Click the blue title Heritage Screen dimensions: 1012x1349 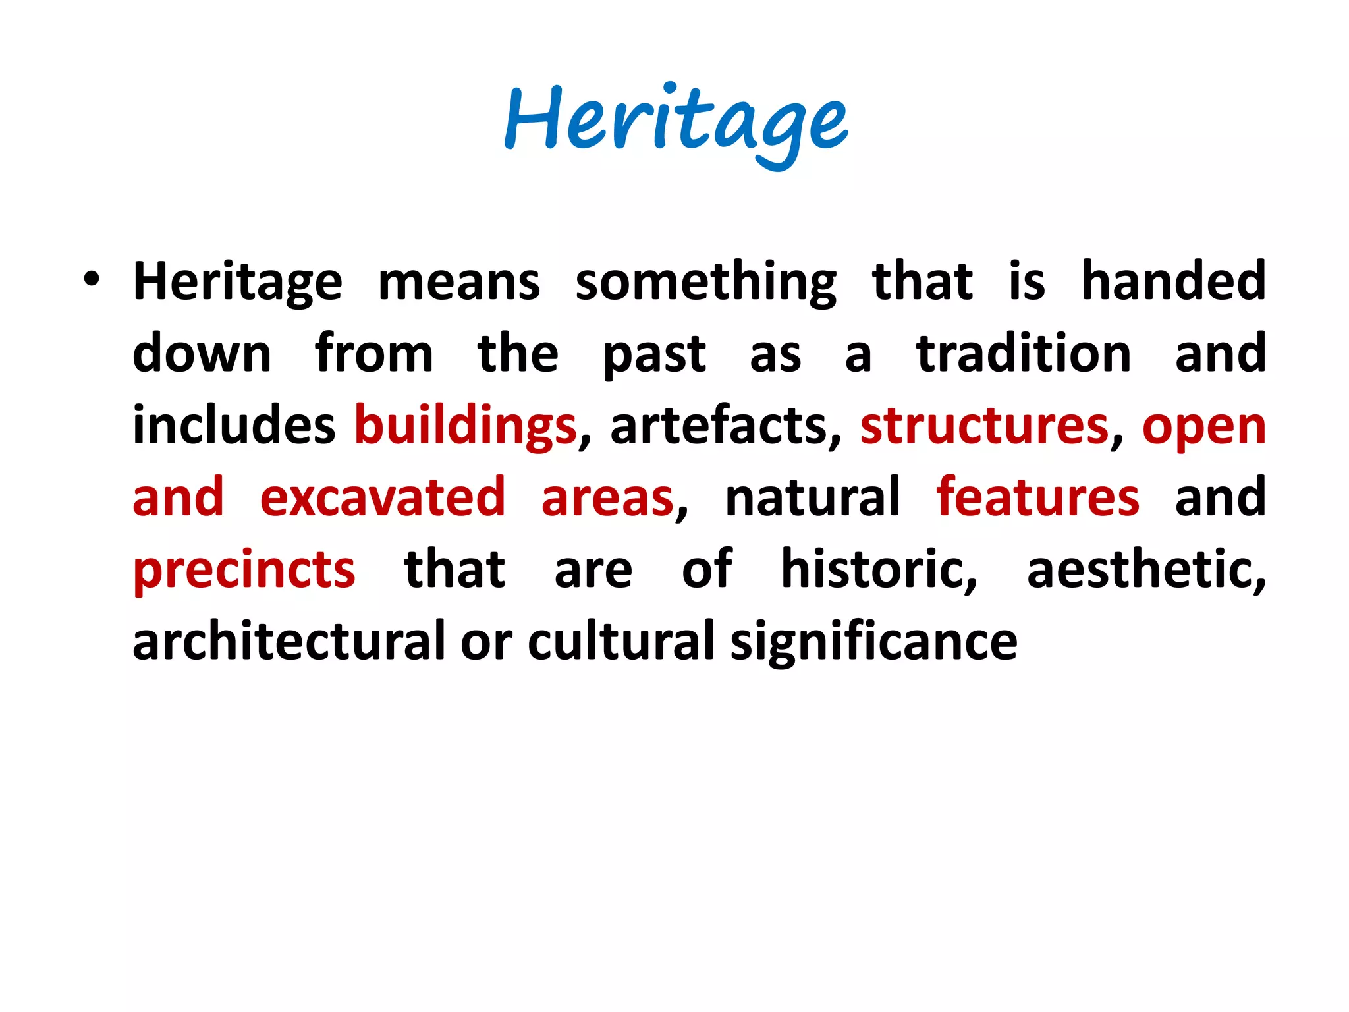click(x=676, y=123)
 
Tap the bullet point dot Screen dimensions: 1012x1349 click(x=92, y=280)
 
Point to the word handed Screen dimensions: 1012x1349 click(x=1173, y=281)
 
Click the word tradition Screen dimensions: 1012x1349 click(x=1024, y=354)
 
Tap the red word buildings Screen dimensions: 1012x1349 click(x=465, y=427)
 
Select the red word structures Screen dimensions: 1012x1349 click(x=984, y=427)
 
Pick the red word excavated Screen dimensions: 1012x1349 click(x=383, y=498)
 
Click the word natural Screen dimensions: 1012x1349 click(x=812, y=498)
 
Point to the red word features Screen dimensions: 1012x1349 click(x=1038, y=498)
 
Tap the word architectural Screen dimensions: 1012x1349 click(x=289, y=642)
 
